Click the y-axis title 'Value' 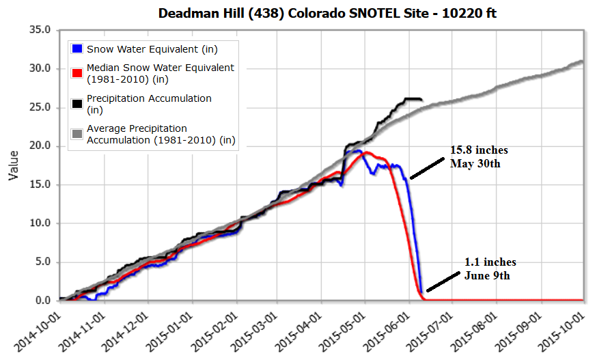pyautogui.click(x=13, y=166)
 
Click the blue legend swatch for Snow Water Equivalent pyautogui.click(x=77, y=49)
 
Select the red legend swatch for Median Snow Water pyautogui.click(x=77, y=72)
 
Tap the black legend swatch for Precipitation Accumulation pyautogui.click(x=77, y=103)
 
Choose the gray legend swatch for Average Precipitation pyautogui.click(x=77, y=133)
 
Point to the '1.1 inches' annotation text pyautogui.click(x=490, y=262)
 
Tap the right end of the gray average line pyautogui.click(x=583, y=61)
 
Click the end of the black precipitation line pyautogui.click(x=421, y=100)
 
